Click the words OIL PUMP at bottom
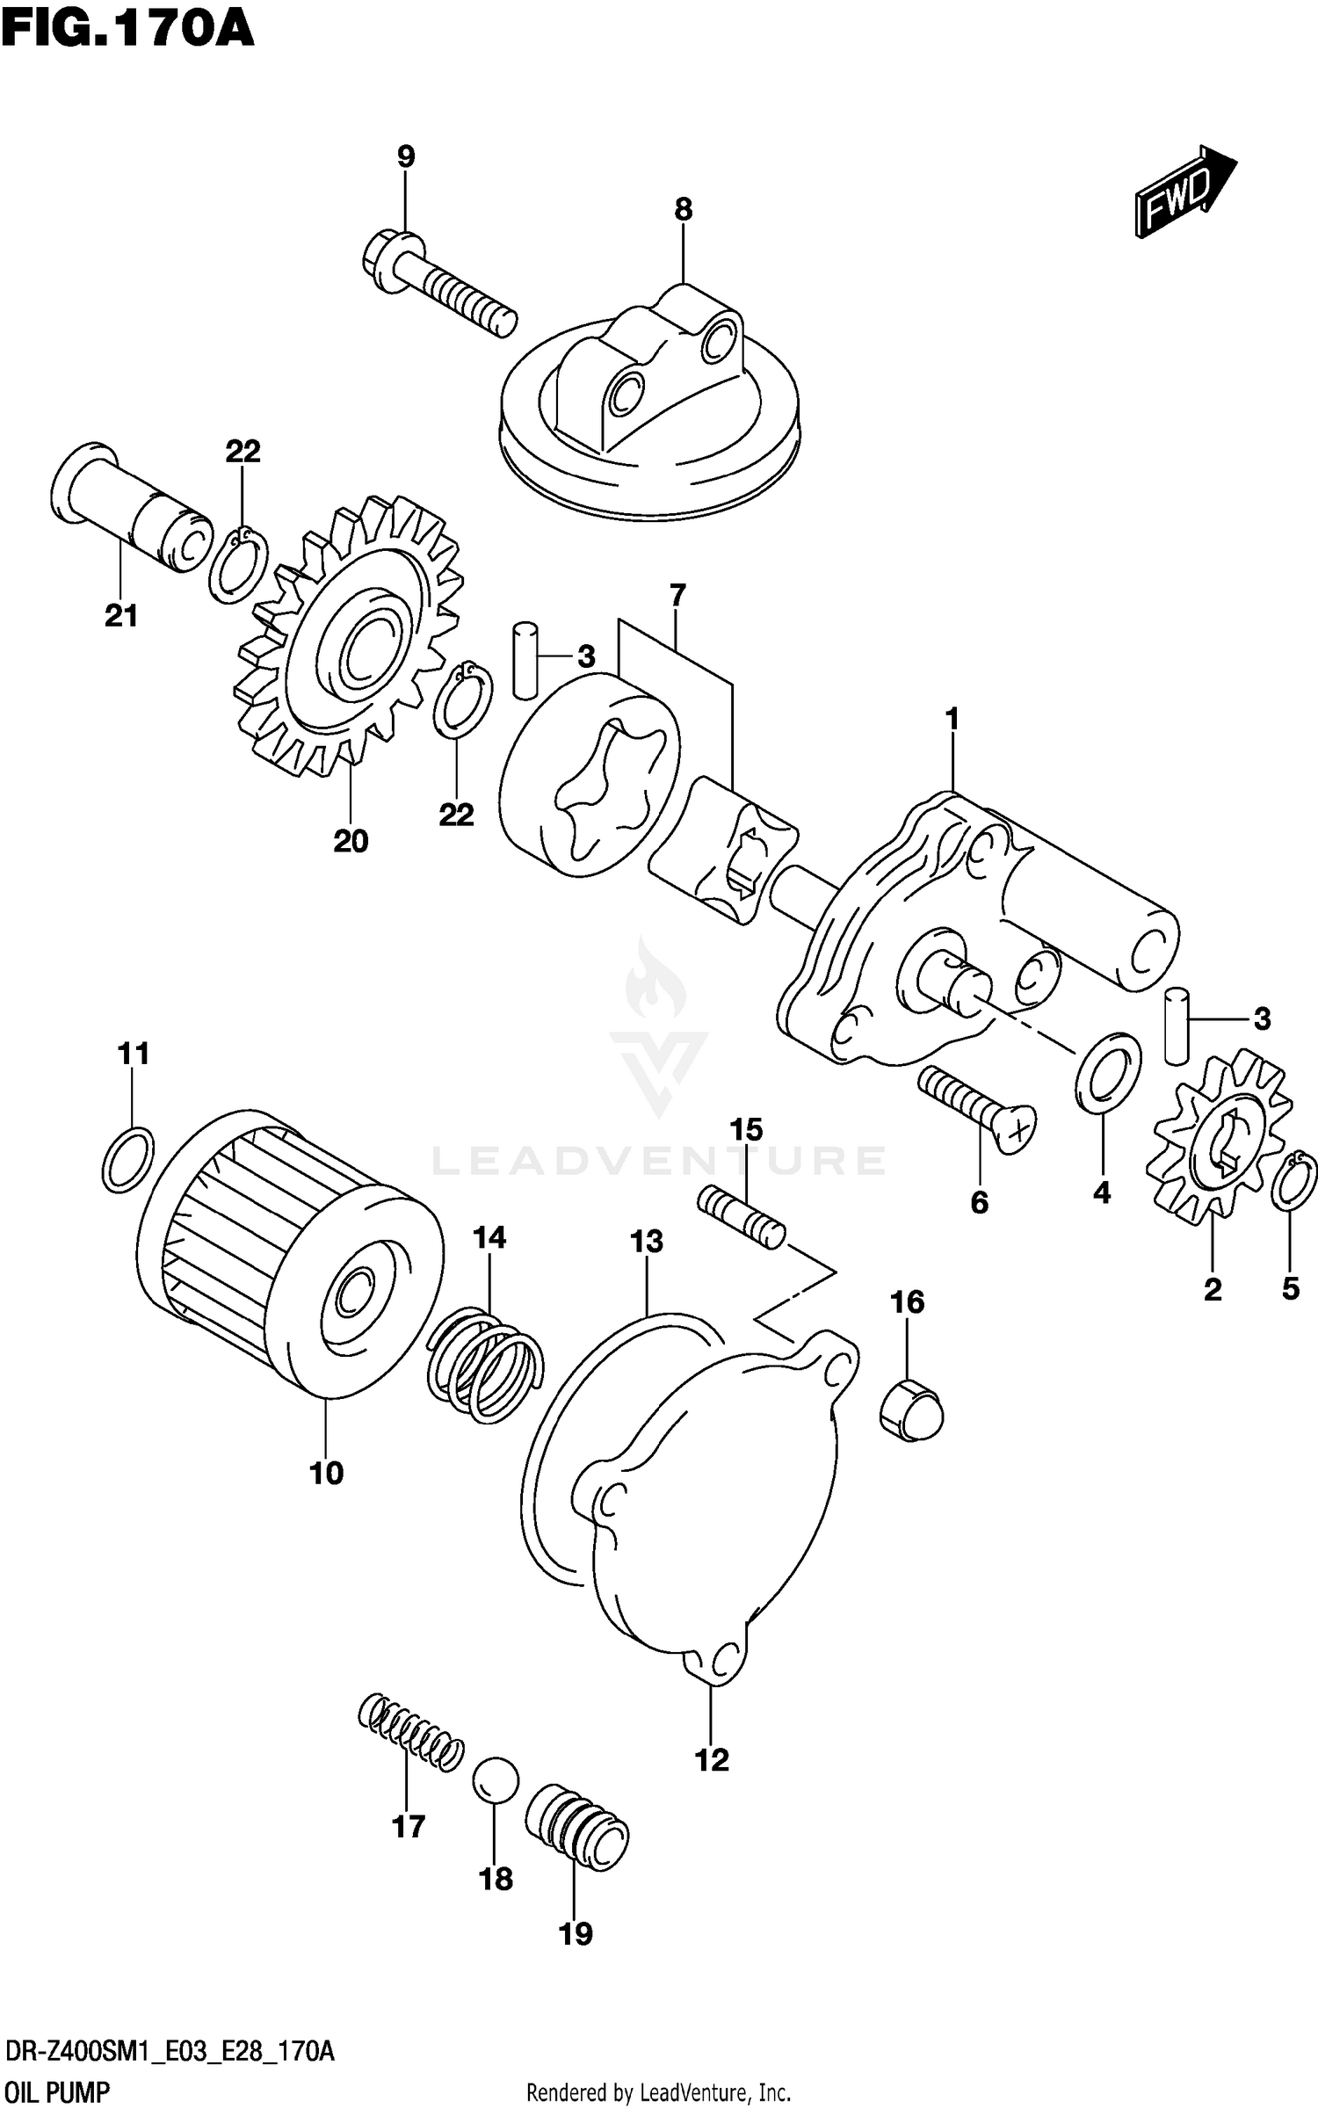click(57, 2092)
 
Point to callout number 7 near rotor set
click(677, 595)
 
